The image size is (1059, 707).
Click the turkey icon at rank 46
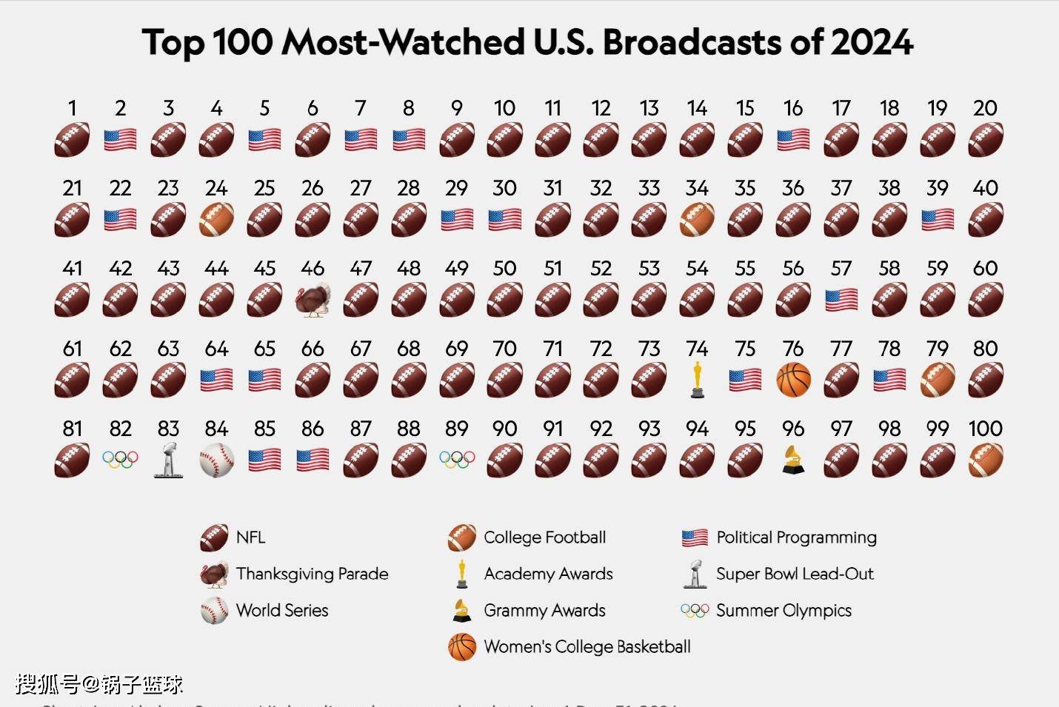(313, 301)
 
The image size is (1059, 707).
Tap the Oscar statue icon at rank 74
(697, 380)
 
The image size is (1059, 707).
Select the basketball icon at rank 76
(793, 380)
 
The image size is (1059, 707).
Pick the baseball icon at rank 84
(216, 460)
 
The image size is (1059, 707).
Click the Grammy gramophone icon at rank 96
(793, 460)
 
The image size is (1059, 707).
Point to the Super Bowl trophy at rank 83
(168, 460)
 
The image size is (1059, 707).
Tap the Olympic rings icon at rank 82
(120, 460)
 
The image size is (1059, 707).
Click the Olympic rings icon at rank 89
(457, 460)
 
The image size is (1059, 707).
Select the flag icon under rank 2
(120, 140)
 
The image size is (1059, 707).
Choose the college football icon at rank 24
(216, 220)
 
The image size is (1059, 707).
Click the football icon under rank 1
(72, 140)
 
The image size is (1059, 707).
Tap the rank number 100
(985, 429)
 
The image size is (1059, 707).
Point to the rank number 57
(841, 268)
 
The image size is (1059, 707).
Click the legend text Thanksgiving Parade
(312, 574)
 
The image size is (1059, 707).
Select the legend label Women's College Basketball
(587, 646)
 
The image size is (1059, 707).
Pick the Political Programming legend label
(796, 537)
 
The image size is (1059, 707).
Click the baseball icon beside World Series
(214, 611)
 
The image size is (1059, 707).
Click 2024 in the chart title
(872, 42)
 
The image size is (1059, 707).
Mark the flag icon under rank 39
(938, 220)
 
